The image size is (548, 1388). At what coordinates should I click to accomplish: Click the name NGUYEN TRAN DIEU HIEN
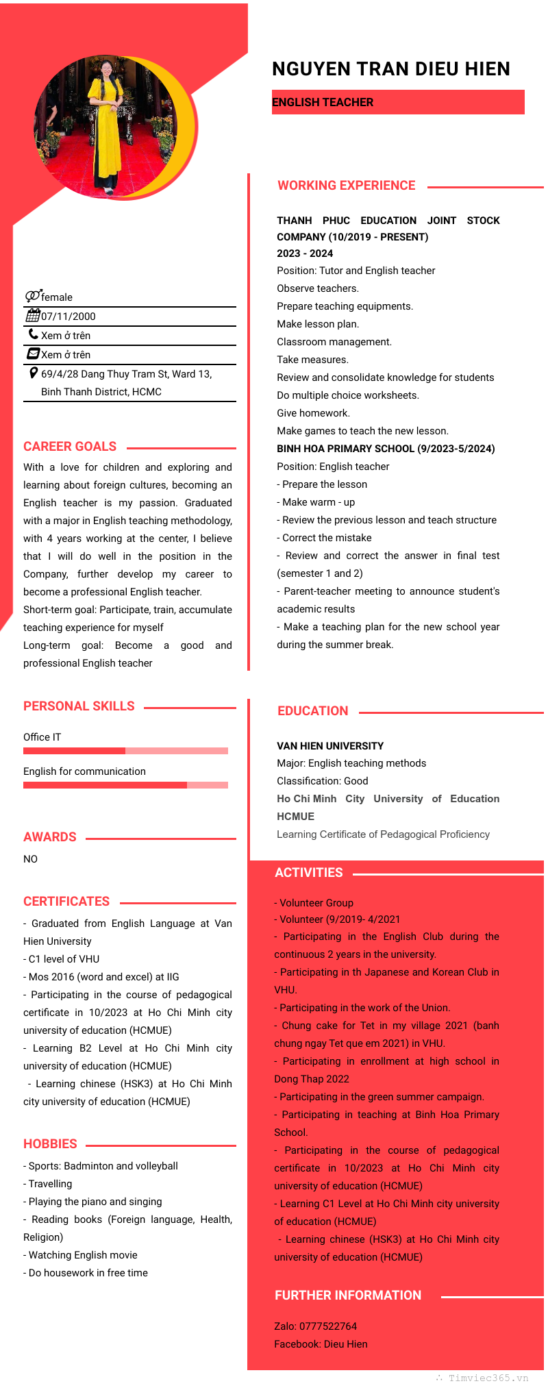point(390,69)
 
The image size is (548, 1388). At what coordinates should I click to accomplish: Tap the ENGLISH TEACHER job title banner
point(397,102)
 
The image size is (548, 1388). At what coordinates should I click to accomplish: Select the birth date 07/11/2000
point(68,317)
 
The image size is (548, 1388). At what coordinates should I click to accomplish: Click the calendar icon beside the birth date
point(32,316)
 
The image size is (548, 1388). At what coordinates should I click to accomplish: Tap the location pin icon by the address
point(34,373)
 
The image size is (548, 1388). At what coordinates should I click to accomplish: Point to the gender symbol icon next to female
point(33,296)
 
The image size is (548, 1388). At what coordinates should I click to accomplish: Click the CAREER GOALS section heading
point(70,447)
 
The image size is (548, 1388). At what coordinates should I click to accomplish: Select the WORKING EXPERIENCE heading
point(346,186)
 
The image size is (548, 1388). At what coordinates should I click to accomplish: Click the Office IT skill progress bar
point(125,751)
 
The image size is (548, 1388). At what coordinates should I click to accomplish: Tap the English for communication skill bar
point(125,785)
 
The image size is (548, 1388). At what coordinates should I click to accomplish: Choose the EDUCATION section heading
point(312,711)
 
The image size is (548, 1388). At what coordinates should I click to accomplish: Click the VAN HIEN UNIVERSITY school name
point(330,746)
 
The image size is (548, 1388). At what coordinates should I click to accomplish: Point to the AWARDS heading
point(50,837)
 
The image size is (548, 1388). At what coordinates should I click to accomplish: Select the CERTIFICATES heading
point(66,902)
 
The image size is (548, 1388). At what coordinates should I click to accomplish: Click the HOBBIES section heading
point(50,1144)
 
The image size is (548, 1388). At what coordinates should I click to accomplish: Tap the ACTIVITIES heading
point(308,873)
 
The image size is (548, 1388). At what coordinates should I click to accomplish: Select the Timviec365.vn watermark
point(483,1378)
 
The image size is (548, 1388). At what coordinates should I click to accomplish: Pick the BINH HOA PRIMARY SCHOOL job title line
point(386,449)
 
